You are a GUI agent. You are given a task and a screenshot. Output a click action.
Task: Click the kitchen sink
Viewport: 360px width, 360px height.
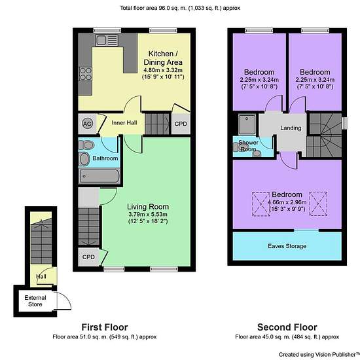point(107,41)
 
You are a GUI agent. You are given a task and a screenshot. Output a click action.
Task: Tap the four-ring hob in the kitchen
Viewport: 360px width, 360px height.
point(85,74)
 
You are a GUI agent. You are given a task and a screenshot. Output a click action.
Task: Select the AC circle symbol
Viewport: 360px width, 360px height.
point(87,124)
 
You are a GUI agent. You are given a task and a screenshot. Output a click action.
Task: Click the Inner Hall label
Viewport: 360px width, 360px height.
point(124,123)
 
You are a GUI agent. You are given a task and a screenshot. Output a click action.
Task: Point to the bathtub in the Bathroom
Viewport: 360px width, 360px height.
point(99,176)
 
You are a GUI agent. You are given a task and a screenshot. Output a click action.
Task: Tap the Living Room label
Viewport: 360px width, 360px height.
point(148,207)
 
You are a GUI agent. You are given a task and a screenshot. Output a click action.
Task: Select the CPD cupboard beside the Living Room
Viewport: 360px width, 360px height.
point(88,257)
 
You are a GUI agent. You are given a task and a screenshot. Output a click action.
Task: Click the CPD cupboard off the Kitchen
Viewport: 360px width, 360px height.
point(181,124)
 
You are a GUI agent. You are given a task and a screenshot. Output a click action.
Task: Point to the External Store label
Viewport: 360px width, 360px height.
point(35,301)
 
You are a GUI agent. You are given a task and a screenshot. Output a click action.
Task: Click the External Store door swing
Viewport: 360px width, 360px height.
point(63,301)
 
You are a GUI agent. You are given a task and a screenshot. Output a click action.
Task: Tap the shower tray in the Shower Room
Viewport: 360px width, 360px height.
point(247,124)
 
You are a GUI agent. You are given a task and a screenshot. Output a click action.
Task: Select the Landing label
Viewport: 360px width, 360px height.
point(291,128)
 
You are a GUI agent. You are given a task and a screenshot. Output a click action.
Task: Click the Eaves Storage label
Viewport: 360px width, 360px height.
point(287,246)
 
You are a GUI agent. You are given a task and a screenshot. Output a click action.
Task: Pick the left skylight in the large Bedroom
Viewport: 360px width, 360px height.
point(261,204)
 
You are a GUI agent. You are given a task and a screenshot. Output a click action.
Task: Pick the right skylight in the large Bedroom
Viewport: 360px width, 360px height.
point(318,204)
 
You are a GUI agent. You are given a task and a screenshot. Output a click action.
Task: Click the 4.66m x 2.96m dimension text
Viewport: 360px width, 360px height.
point(287,202)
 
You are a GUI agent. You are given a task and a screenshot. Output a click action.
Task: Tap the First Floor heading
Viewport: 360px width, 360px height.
point(105,327)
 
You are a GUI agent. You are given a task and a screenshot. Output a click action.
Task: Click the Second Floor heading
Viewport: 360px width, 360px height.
point(287,327)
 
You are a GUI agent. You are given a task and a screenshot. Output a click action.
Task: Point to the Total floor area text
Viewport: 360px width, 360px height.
point(180,8)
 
